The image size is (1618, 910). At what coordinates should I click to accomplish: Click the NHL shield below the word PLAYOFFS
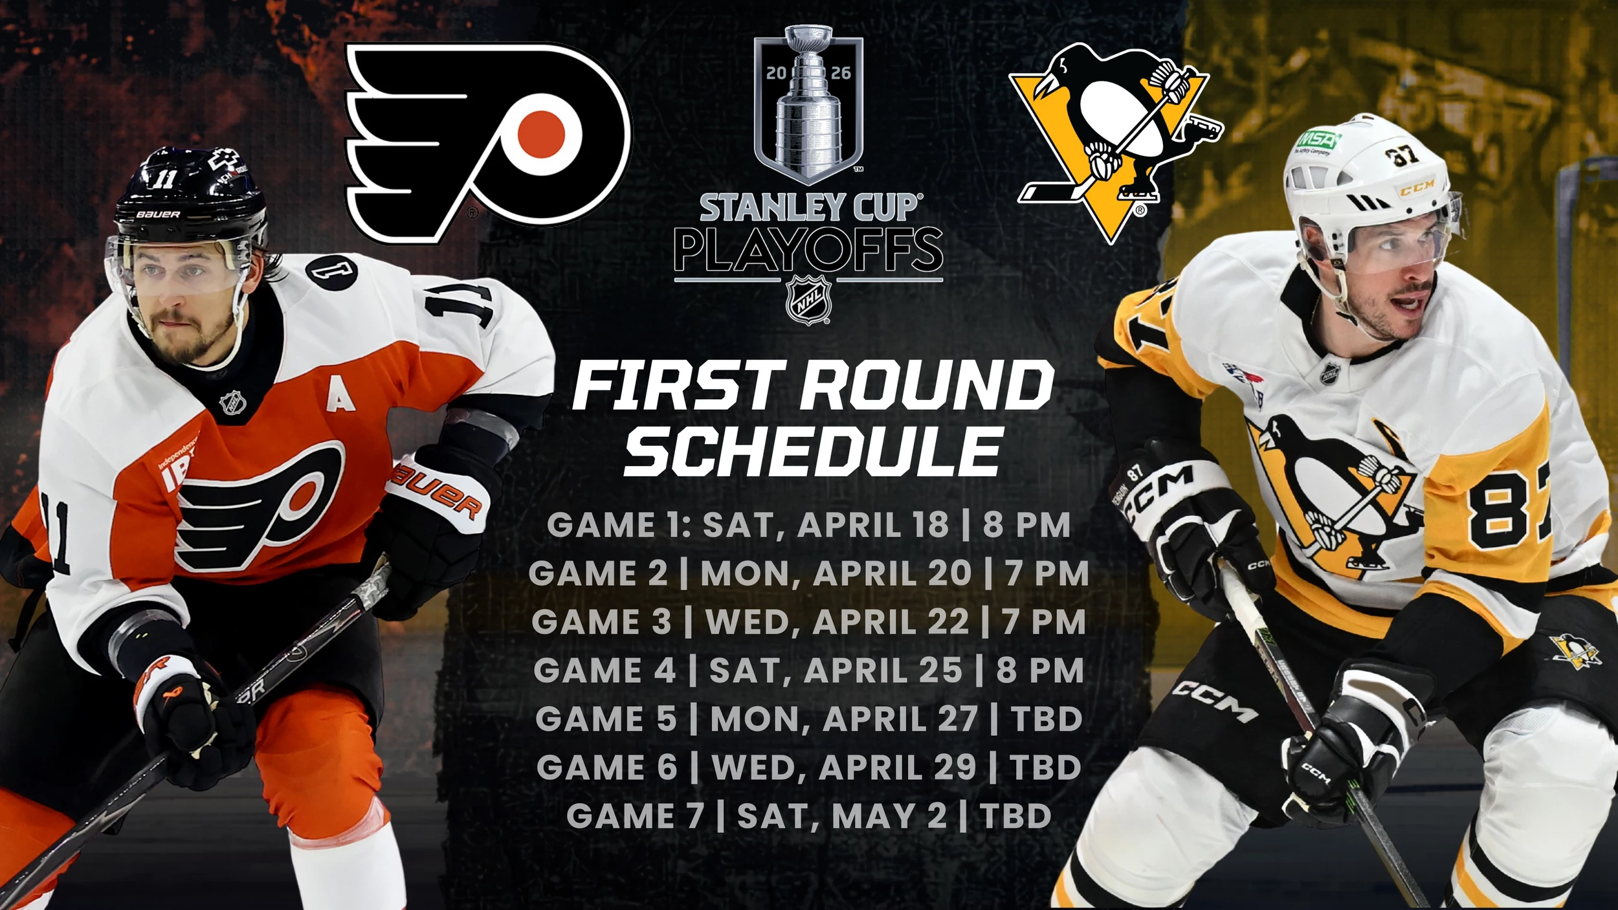[808, 300]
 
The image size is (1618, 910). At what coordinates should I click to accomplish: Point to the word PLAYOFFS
[808, 250]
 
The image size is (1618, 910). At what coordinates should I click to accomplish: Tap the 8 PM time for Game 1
[1026, 524]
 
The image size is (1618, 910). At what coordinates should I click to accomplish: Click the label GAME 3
[602, 622]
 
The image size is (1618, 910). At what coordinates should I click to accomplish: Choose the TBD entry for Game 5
[1047, 719]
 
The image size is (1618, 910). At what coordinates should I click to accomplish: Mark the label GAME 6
[606, 768]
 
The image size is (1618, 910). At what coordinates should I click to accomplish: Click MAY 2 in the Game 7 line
[889, 816]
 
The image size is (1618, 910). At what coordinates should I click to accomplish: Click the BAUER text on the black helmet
[158, 214]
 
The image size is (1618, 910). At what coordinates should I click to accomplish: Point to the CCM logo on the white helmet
[1417, 188]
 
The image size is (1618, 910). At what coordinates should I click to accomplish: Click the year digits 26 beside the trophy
[841, 72]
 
